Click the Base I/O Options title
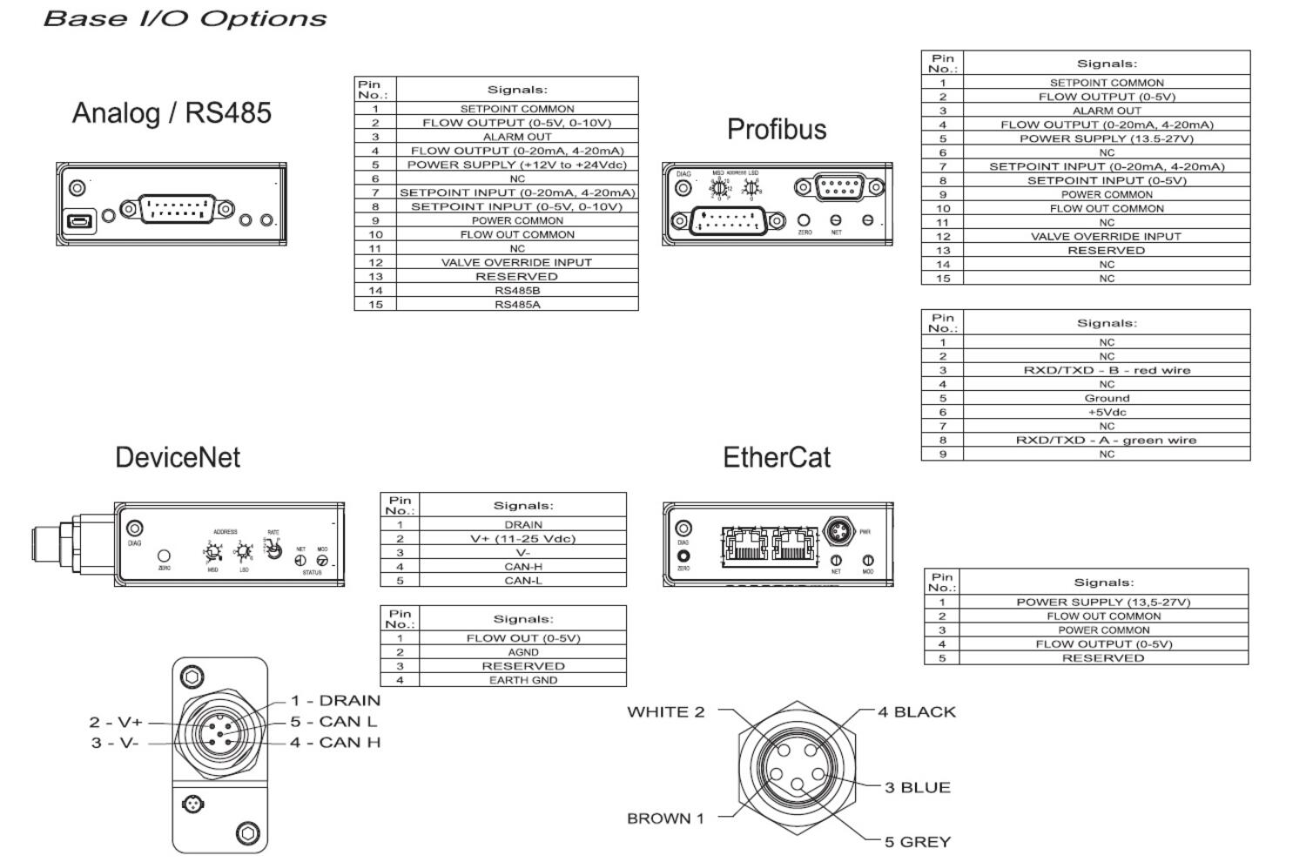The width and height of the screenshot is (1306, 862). click(185, 18)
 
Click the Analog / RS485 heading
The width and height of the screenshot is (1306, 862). click(172, 113)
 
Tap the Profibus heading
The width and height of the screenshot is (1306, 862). click(777, 129)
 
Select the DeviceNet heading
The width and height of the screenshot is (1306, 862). click(178, 457)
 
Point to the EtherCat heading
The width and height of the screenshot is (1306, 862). click(777, 457)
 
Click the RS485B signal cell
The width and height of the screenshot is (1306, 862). click(517, 290)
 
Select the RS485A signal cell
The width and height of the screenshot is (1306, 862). click(517, 304)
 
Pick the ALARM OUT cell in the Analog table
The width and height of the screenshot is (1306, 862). click(517, 137)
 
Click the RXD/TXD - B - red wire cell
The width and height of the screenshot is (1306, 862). click(1107, 370)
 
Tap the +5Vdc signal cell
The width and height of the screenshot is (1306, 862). click(1107, 412)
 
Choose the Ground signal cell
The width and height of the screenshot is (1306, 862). click(1107, 398)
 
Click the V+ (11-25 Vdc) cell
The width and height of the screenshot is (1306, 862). click(522, 538)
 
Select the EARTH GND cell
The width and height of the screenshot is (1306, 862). click(522, 680)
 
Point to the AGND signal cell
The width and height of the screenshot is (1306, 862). click(522, 651)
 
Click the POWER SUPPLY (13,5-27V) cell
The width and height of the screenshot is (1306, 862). click(1103, 602)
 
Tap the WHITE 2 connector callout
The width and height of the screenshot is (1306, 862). click(665, 711)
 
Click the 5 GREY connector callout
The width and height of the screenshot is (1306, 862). click(918, 842)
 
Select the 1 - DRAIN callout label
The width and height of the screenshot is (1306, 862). click(335, 700)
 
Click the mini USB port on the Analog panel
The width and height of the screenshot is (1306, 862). click(79, 221)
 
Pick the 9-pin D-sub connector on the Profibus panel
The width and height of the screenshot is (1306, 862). click(838, 186)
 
